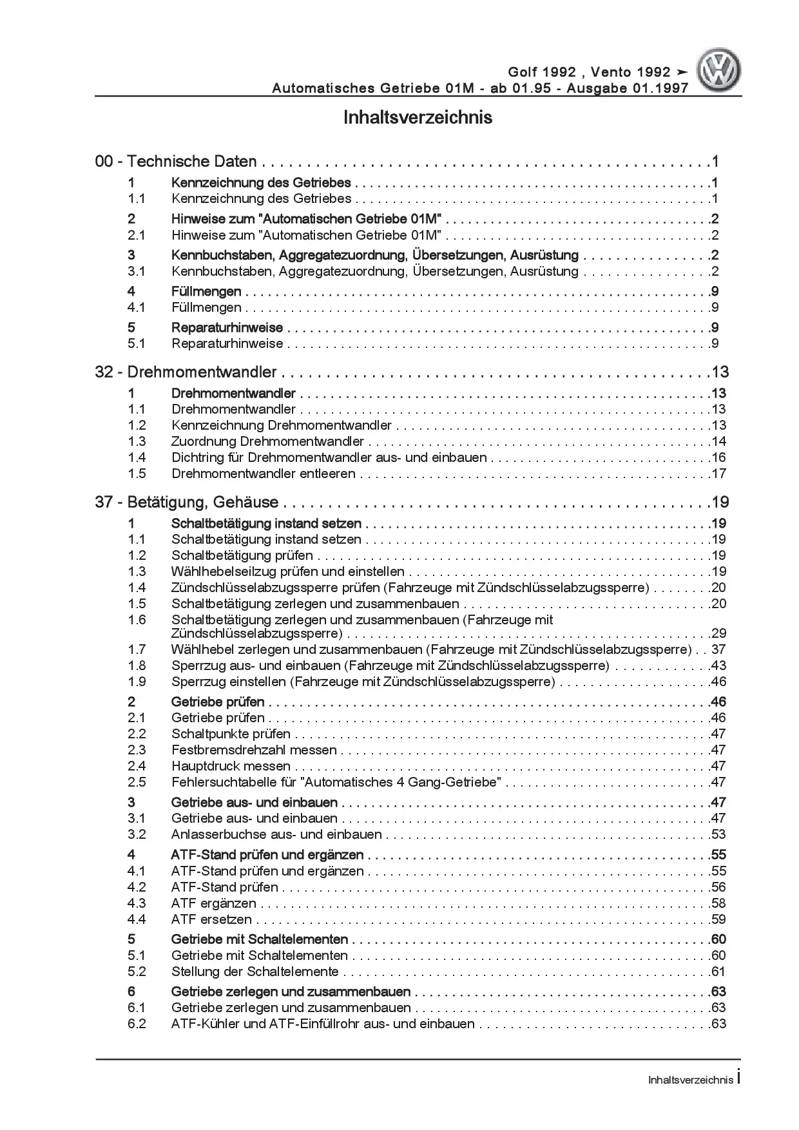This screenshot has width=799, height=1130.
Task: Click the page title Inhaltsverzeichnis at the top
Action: [418, 118]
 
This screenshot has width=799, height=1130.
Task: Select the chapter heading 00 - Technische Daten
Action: [176, 162]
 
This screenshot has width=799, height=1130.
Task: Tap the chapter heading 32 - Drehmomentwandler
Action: [186, 372]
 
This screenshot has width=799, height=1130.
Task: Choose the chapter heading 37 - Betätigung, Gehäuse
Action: [187, 503]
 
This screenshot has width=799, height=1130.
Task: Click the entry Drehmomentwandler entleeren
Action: [263, 474]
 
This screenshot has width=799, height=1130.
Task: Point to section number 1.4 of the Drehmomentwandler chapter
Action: [137, 457]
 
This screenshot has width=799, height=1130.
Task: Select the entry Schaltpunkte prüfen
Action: [231, 734]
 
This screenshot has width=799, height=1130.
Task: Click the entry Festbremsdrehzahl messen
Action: [254, 750]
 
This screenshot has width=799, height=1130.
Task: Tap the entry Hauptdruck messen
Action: [231, 766]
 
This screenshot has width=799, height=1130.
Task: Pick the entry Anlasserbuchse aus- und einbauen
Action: [276, 834]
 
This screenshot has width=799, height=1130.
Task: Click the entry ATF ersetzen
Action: [211, 919]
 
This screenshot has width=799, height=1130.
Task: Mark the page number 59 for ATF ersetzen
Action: [718, 919]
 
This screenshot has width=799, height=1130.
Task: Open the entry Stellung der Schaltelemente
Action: [255, 972]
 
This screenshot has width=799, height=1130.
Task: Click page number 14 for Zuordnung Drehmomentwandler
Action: [718, 441]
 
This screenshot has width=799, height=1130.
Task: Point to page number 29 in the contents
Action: [718, 633]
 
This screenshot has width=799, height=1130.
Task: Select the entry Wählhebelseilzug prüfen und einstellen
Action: [287, 571]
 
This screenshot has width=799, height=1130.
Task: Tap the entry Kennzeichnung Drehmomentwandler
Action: [281, 425]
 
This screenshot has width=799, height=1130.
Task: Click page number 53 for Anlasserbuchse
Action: [718, 834]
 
